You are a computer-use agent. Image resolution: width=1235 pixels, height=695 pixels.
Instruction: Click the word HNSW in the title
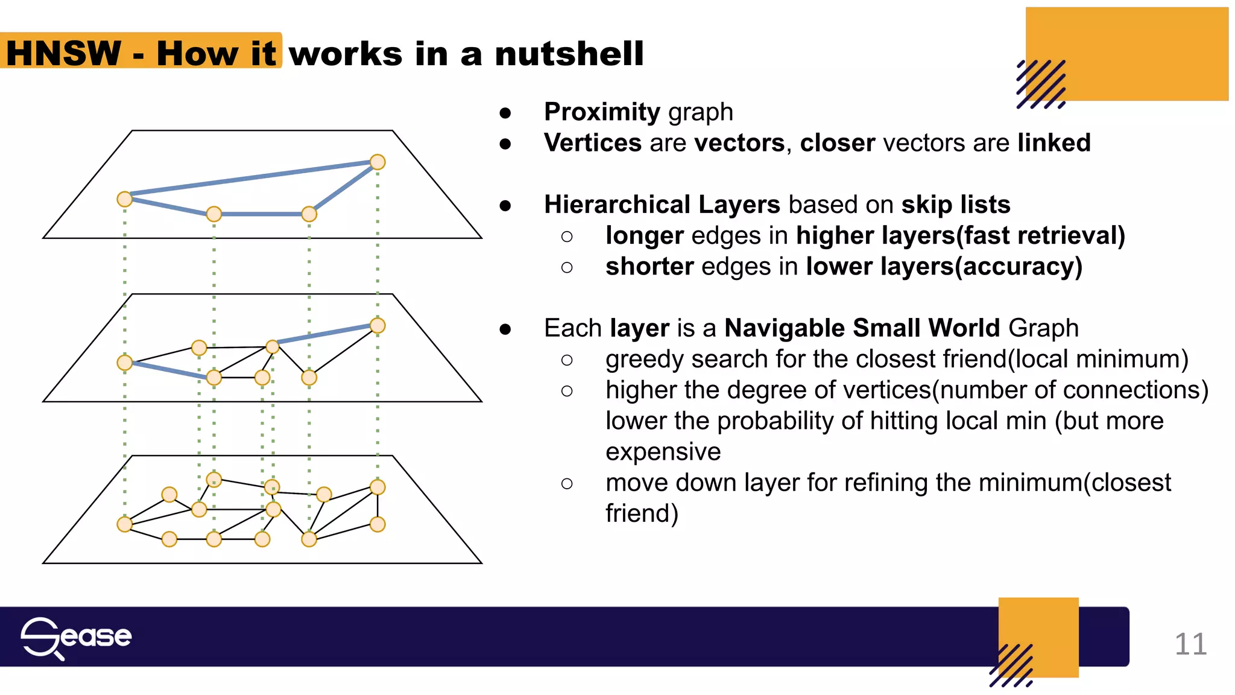coord(64,53)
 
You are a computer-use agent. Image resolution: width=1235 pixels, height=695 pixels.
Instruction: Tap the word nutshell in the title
coord(569,53)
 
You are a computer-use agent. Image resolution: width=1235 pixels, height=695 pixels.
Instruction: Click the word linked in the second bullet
coord(1053,143)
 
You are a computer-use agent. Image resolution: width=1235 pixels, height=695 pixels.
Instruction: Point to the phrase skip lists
coord(955,205)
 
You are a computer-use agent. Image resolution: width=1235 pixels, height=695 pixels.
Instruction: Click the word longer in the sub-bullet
coord(644,236)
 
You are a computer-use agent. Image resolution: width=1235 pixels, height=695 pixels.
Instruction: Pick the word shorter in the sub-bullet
coord(649,267)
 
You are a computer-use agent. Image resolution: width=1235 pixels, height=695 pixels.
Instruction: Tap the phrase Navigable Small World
coord(862,328)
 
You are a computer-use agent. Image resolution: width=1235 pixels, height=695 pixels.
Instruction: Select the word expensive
coord(663,452)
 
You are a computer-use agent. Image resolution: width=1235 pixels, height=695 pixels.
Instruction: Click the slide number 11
coord(1190,644)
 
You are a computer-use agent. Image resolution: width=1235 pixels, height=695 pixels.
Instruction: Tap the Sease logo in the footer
coord(76,637)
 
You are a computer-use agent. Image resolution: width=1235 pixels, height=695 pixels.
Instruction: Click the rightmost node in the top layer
coord(377,162)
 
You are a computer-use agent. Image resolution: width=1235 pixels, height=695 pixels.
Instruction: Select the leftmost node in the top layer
coord(125,199)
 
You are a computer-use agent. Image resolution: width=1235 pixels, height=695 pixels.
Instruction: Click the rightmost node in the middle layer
coord(377,326)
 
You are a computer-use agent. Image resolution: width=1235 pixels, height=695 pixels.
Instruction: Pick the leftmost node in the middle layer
coord(125,363)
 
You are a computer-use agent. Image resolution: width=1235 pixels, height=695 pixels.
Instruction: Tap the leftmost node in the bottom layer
coord(125,524)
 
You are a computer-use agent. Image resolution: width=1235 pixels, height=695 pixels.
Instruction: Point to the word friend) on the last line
coord(642,514)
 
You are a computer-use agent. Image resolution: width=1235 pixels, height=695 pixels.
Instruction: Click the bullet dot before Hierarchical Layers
coord(505,206)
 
